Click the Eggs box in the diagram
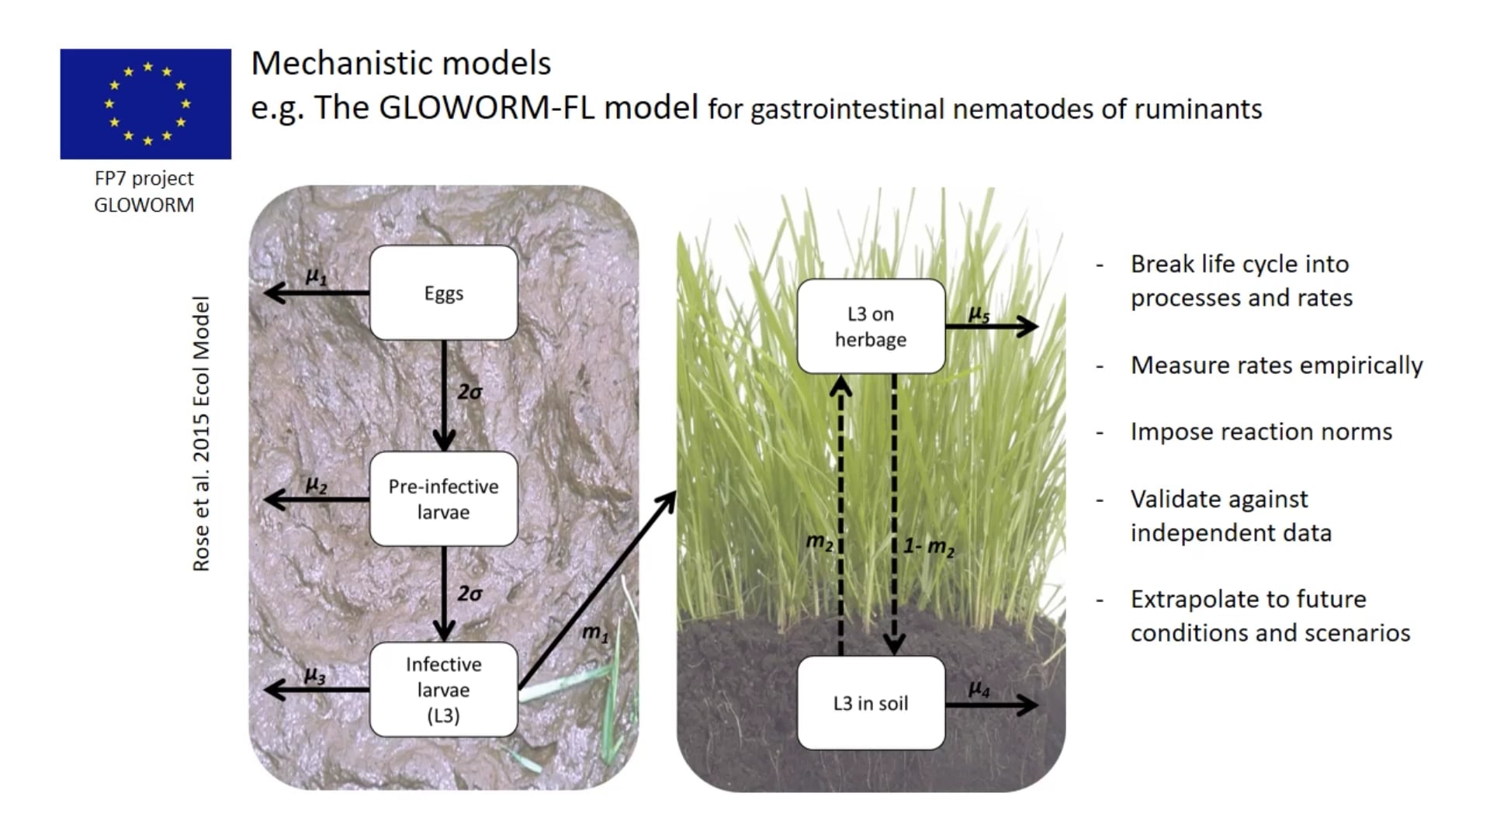(x=443, y=293)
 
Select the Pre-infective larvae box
(x=443, y=499)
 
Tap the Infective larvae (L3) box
(x=443, y=690)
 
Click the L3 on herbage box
(x=871, y=327)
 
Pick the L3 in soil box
(x=871, y=703)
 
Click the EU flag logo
(x=146, y=104)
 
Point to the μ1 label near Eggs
(x=316, y=276)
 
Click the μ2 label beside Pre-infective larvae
(x=316, y=485)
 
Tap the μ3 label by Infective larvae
(x=314, y=676)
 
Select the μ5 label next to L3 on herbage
(x=979, y=314)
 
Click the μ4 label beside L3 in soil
(x=979, y=689)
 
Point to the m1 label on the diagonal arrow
(x=595, y=633)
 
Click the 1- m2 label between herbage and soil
(x=929, y=546)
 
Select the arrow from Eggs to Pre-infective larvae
(x=444, y=396)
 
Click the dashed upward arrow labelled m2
(x=840, y=512)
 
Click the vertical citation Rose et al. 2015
(x=201, y=434)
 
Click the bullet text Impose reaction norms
(x=1261, y=431)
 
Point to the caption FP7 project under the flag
(x=144, y=178)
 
